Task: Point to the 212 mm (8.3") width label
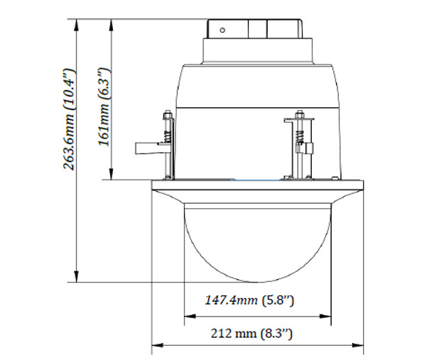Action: (256, 332)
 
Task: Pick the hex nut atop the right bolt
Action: (299, 114)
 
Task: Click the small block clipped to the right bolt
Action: (310, 148)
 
